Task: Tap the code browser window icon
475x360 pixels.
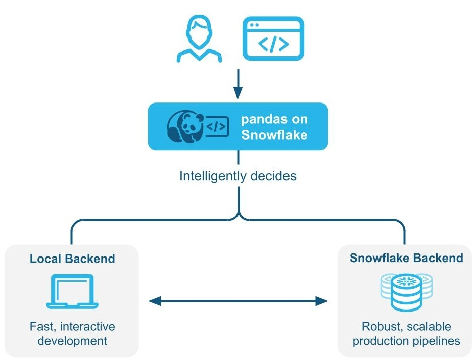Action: click(x=273, y=39)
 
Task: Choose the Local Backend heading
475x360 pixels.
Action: click(x=72, y=259)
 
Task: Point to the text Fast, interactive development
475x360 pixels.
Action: click(x=72, y=333)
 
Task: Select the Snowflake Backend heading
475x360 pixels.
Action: click(x=406, y=258)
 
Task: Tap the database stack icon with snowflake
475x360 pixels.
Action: click(x=406, y=291)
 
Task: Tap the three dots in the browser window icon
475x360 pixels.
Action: click(x=254, y=24)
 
